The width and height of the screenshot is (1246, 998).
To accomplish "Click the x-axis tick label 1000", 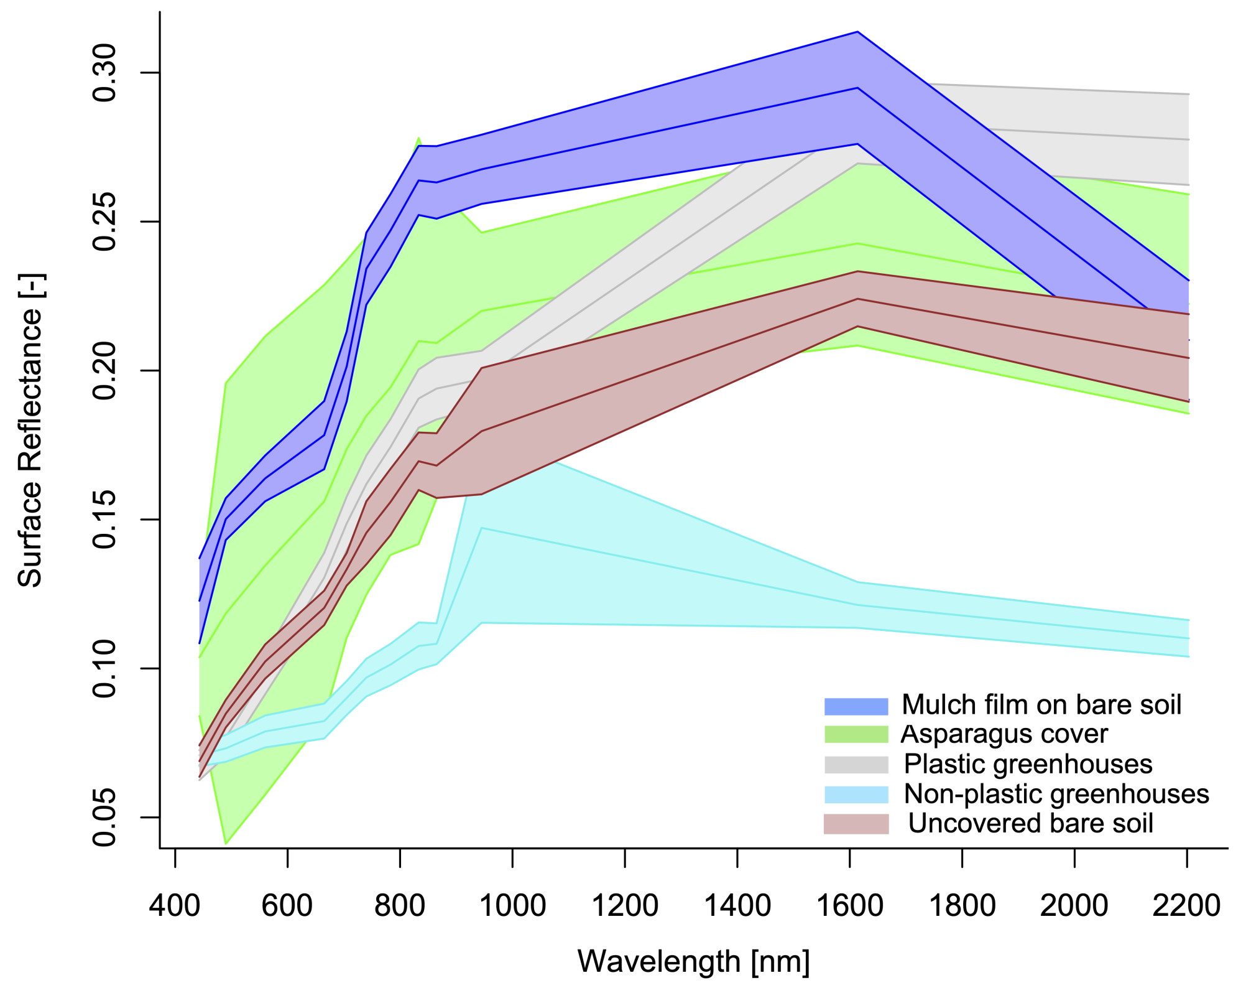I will (512, 905).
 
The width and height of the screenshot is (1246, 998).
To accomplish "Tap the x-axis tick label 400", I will (175, 905).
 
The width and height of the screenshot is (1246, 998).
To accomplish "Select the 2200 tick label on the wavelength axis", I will (1186, 905).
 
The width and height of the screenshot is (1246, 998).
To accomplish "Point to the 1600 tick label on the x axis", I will (849, 905).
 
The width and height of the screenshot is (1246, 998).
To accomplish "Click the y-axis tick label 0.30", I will (104, 73).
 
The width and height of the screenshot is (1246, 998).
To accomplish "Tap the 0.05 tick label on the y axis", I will (104, 818).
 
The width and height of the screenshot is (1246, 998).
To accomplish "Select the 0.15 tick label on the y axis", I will (104, 520).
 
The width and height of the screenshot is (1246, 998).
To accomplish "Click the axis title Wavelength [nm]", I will (693, 961).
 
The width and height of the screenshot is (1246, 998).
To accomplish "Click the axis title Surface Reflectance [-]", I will (30, 431).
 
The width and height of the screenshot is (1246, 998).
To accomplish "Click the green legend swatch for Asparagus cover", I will (856, 734).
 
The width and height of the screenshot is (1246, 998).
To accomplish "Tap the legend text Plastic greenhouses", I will (1027, 764).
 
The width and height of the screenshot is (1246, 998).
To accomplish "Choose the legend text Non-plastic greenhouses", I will (1056, 794).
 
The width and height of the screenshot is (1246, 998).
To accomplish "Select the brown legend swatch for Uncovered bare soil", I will (856, 824).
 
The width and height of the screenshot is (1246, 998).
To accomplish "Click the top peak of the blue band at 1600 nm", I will (857, 32).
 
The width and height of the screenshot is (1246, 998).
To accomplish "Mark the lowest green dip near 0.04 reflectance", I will (226, 844).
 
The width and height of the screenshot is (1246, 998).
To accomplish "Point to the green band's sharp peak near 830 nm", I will (418, 138).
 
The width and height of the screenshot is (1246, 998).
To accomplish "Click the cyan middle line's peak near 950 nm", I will (482, 528).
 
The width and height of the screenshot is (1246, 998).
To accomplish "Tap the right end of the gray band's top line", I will (1188, 94).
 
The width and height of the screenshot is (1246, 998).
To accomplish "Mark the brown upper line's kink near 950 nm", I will (482, 368).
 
